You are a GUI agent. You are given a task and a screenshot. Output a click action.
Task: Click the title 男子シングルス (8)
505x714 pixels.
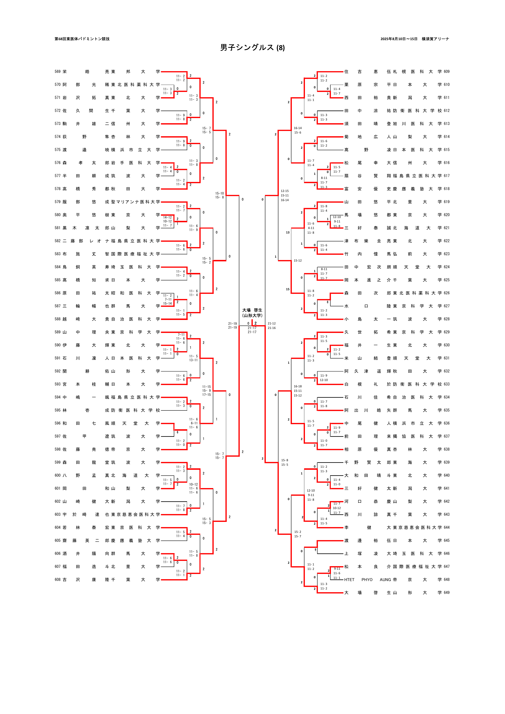252,48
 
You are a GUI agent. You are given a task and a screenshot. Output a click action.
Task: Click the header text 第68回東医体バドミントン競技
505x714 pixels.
82,39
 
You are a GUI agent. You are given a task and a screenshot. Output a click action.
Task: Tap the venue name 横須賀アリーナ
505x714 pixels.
435,39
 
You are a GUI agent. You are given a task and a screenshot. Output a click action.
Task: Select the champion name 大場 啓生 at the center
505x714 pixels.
252,310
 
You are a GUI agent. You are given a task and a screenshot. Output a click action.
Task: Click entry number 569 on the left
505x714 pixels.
58,71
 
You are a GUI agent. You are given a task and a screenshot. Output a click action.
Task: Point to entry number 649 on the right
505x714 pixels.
447,592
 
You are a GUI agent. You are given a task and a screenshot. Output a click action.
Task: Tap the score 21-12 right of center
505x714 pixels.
272,323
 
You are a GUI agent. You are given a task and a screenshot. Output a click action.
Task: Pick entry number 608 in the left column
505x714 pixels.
58,579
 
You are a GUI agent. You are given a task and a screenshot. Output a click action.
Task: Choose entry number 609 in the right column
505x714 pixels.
447,71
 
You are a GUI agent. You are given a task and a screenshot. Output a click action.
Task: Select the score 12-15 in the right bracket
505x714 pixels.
285,191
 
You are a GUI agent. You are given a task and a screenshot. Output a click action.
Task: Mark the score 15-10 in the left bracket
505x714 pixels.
220,193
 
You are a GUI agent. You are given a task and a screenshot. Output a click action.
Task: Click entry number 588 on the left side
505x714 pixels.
58,319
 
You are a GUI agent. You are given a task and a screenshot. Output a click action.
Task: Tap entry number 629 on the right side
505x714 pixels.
447,332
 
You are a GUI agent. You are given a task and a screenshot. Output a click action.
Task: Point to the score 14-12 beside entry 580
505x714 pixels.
167,217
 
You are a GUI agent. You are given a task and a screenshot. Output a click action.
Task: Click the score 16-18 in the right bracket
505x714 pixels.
298,386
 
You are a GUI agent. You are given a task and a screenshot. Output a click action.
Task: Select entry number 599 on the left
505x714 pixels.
58,462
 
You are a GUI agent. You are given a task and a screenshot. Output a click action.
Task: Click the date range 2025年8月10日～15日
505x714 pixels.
399,39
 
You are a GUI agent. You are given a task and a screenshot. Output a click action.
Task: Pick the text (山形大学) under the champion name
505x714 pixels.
252,315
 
